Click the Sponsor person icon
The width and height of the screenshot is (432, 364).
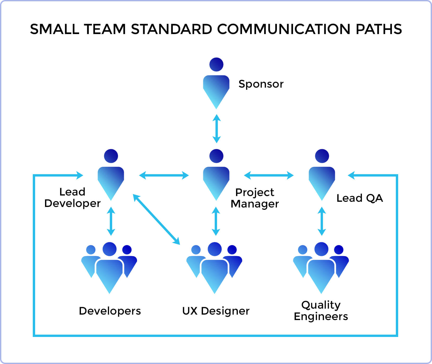pyautogui.click(x=216, y=83)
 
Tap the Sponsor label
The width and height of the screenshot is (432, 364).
pyautogui.click(x=261, y=84)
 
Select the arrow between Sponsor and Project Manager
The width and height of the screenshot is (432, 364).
pyautogui.click(x=216, y=129)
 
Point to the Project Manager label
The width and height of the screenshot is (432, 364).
pyautogui.click(x=255, y=198)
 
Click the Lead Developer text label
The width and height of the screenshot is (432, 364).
pyautogui.click(x=72, y=198)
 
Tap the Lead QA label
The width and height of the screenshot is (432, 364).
pyautogui.click(x=360, y=198)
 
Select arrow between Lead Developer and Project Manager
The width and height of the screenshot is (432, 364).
pyautogui.click(x=164, y=175)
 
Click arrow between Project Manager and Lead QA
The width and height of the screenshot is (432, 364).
pyautogui.click(x=269, y=175)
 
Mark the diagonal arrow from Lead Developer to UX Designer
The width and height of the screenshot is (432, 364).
pyautogui.click(x=156, y=219)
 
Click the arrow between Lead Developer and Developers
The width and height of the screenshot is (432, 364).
pyautogui.click(x=111, y=221)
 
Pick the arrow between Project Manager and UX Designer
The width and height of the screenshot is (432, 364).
pyautogui.click(x=216, y=221)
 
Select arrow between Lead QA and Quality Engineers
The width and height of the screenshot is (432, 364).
pyautogui.click(x=322, y=221)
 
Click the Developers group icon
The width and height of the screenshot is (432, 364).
pyautogui.click(x=109, y=268)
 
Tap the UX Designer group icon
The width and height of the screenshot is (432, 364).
pyautogui.click(x=214, y=268)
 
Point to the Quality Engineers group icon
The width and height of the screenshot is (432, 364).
pyautogui.click(x=321, y=268)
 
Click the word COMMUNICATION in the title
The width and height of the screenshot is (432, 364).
pyautogui.click(x=284, y=29)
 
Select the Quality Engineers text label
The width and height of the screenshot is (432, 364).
pyautogui.click(x=321, y=310)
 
